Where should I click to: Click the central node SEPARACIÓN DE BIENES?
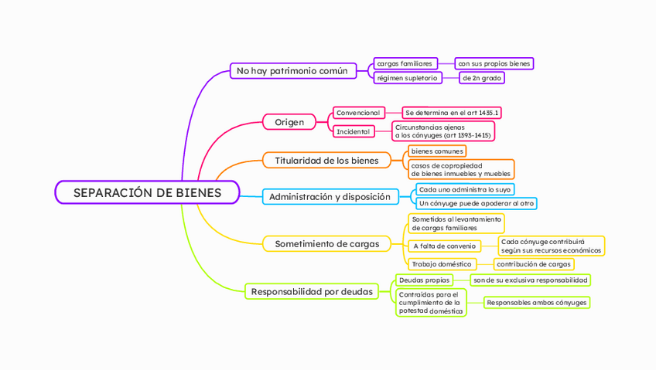click(147, 192)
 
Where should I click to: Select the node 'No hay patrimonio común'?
click(292, 71)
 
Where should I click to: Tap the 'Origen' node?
click(289, 122)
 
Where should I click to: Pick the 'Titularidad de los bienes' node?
click(326, 161)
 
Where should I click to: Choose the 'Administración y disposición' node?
click(330, 197)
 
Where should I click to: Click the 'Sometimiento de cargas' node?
click(326, 244)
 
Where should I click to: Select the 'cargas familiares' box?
click(405, 63)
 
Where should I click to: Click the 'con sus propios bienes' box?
click(494, 63)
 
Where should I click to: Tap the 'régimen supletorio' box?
click(407, 78)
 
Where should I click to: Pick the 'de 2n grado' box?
click(482, 78)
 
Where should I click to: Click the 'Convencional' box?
click(358, 113)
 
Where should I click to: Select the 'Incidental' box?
click(353, 131)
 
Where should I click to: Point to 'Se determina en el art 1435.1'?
click(453, 113)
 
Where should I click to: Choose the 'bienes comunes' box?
click(437, 151)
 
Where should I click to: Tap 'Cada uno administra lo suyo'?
click(464, 189)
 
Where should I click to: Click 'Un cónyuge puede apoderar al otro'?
click(476, 203)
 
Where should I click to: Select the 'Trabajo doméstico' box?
click(441, 264)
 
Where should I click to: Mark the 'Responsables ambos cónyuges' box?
click(536, 303)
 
